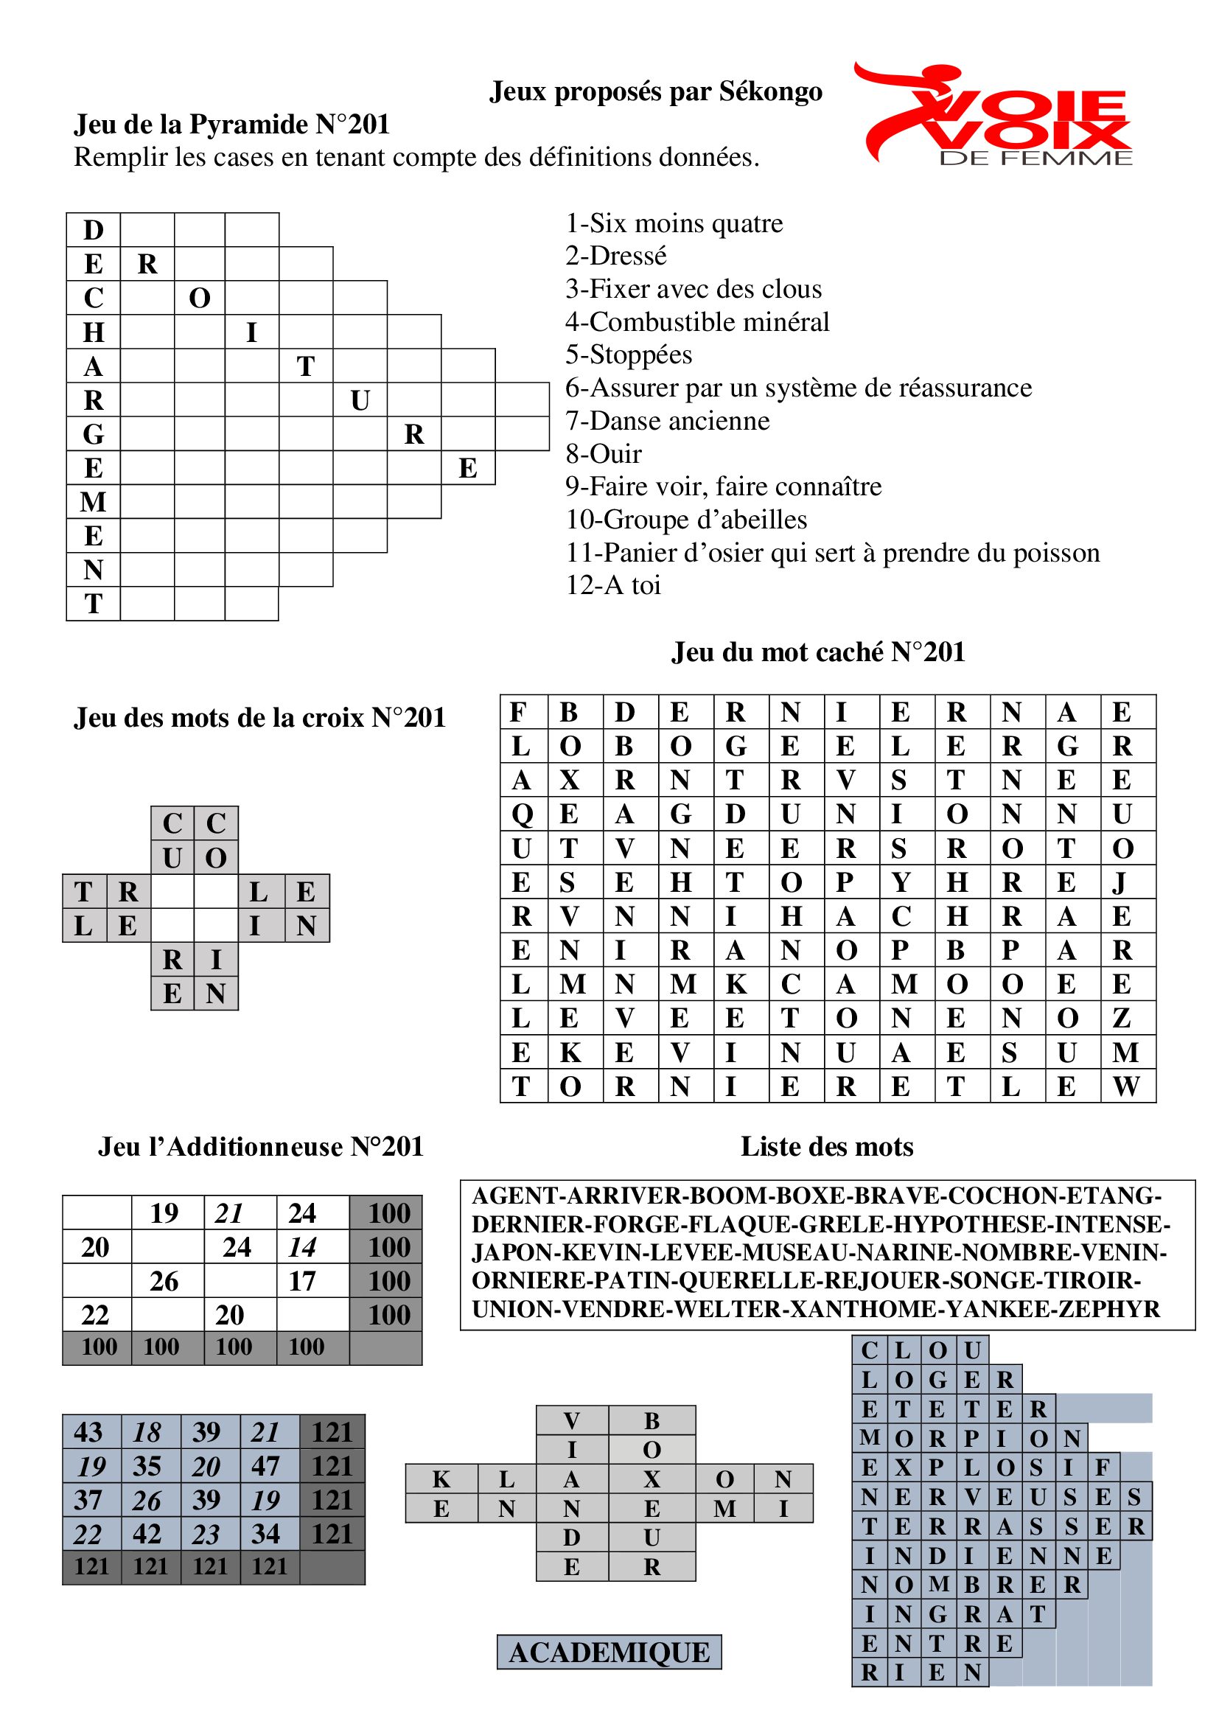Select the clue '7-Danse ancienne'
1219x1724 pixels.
(x=667, y=420)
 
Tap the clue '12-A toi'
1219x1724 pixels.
(x=613, y=585)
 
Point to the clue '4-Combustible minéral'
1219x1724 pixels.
(x=697, y=321)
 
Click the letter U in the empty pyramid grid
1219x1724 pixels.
(x=360, y=400)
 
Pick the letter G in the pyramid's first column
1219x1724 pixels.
(x=93, y=434)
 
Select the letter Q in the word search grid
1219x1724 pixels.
(x=522, y=814)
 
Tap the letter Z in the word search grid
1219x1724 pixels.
(x=1122, y=1018)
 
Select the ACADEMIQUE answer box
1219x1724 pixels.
(x=609, y=1652)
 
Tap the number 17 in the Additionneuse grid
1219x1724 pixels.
(x=301, y=1281)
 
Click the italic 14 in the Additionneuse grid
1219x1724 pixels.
(x=301, y=1247)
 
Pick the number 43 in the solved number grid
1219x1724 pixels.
(x=88, y=1432)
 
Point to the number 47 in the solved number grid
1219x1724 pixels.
(x=266, y=1466)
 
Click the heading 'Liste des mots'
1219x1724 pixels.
(x=826, y=1147)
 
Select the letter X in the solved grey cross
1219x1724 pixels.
(x=652, y=1479)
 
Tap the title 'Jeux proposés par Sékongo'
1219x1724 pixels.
(x=655, y=91)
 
